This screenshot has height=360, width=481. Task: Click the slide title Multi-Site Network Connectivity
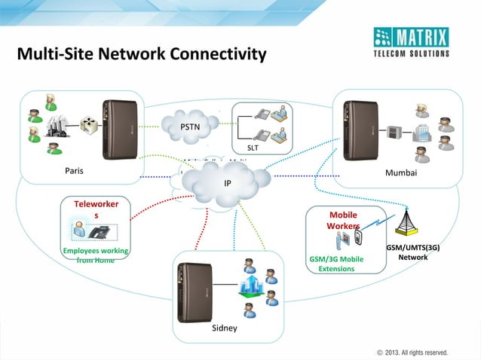pos(142,54)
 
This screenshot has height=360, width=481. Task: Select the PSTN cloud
pos(190,126)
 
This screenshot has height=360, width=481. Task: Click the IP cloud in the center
pos(227,182)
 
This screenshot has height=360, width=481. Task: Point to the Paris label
pos(74,171)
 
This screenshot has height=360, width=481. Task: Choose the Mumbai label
pos(401,172)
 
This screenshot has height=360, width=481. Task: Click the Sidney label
pos(225,328)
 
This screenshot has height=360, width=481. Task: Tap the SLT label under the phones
pos(253,148)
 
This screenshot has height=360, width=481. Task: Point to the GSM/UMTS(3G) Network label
pos(412,252)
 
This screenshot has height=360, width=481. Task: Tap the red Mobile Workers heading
pos(343,220)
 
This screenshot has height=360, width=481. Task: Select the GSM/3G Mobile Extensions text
pos(335,264)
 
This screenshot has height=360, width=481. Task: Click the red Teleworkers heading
pos(95,209)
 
